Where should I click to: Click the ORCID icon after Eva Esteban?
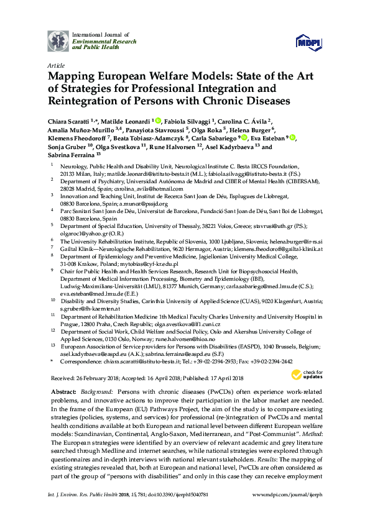pyautogui.click(x=292, y=138)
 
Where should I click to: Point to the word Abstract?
pyautogui.click(x=61, y=394)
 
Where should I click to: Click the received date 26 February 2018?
pyautogui.click(x=96, y=378)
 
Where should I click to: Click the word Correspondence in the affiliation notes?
pyautogui.click(x=81, y=360)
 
